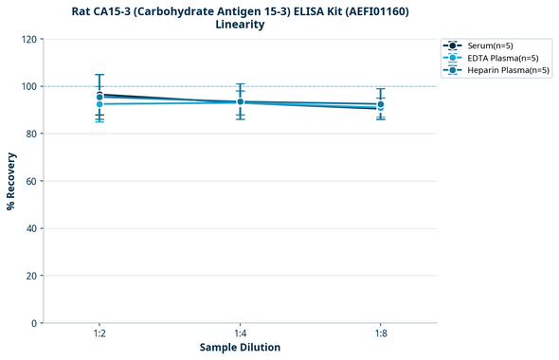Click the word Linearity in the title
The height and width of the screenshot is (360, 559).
point(240,25)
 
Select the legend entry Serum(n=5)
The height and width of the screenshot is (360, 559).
point(490,45)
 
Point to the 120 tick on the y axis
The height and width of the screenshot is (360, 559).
point(28,39)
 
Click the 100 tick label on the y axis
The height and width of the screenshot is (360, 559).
point(28,86)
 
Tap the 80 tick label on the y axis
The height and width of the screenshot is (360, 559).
point(31,134)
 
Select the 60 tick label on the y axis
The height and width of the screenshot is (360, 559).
point(31,181)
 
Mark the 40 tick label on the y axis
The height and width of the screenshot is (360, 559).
point(31,228)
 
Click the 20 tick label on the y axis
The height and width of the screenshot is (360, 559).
point(31,276)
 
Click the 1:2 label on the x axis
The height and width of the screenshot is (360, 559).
point(99,333)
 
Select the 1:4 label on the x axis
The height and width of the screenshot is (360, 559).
point(240,333)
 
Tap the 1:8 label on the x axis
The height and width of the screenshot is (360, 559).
point(380,333)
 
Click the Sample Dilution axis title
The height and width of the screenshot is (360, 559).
point(240,348)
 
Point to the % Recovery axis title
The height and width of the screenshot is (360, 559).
point(11,180)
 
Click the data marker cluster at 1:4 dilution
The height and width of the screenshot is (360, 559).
point(240,101)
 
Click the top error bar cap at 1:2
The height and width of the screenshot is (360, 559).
point(99,75)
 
